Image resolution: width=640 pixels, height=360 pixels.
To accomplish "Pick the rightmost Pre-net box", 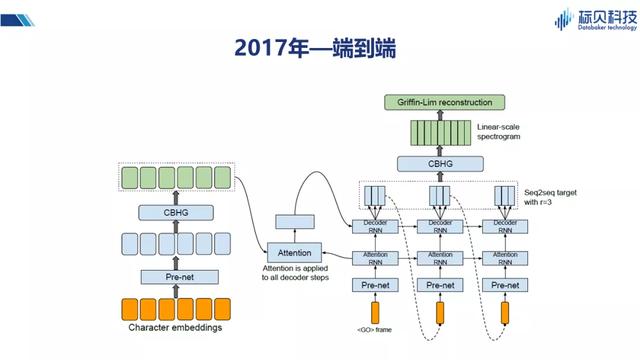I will click(504, 285).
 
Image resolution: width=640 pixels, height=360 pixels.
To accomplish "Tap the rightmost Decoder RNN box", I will click(504, 224).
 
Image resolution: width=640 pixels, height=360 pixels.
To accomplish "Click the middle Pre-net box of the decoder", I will click(441, 285).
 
